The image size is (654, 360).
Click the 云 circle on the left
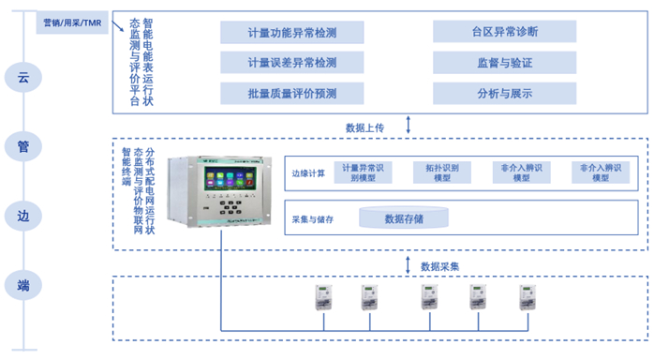coord(23,78)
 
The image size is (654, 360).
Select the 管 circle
coord(23,145)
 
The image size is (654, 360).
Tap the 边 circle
coord(23,215)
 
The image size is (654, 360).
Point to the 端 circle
coord(23,284)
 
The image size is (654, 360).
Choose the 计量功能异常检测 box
coord(278,33)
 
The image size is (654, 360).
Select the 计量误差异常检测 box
coord(278,63)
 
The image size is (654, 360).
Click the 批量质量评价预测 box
coord(278,93)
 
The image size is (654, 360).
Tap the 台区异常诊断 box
coord(504,32)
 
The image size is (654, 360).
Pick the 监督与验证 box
coord(504,63)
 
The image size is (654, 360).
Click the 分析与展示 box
coord(504,93)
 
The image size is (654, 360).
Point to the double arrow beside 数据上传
coord(409,126)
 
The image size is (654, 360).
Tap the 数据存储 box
coord(404,219)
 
